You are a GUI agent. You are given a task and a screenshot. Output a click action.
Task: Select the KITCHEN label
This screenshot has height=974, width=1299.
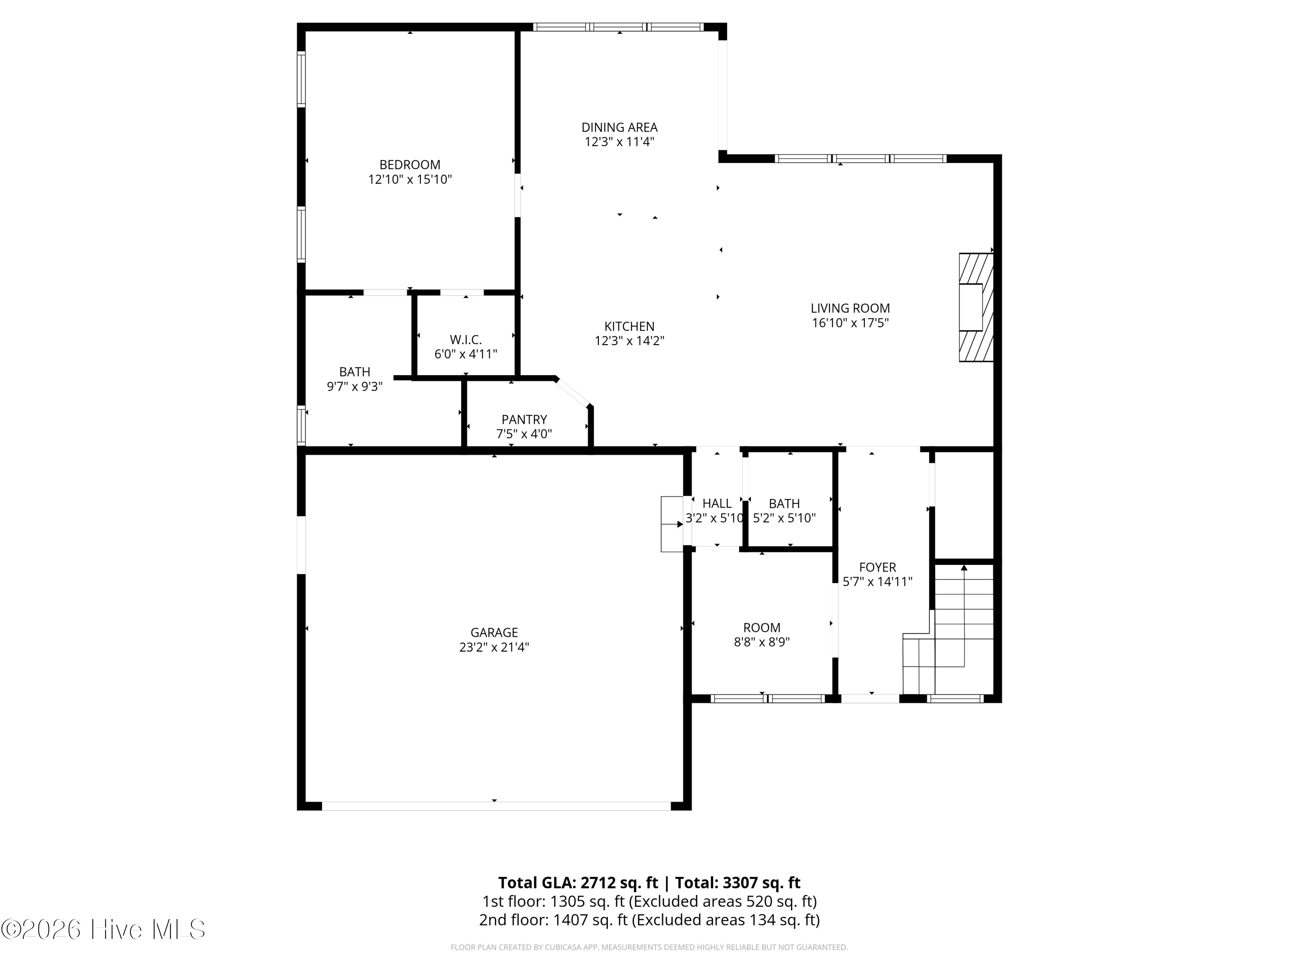[x=629, y=326]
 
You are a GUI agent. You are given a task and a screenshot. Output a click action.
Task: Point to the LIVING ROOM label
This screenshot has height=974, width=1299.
[x=850, y=308]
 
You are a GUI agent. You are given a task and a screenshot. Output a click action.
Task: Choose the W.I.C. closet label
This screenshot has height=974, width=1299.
[x=465, y=340]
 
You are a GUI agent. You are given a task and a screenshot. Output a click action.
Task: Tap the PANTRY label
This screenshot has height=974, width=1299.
[x=524, y=420]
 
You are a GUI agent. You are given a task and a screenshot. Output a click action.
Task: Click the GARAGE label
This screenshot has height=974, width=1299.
[x=494, y=633]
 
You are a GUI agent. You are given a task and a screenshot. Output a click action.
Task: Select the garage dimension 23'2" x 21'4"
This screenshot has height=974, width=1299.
[x=494, y=648]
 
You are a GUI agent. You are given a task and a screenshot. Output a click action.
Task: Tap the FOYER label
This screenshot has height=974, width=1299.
[x=877, y=567]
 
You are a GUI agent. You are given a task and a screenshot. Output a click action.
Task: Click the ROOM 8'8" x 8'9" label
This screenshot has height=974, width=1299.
[x=762, y=628]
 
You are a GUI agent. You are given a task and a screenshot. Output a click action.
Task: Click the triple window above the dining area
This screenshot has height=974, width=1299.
[x=618, y=27]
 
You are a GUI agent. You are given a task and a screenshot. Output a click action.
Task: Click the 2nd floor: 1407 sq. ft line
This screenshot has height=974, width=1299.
[x=649, y=920]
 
